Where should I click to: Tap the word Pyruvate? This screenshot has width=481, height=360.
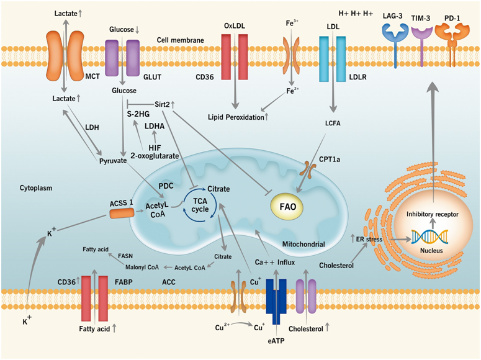point(113,161)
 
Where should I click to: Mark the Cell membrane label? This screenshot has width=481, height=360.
point(180,40)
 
